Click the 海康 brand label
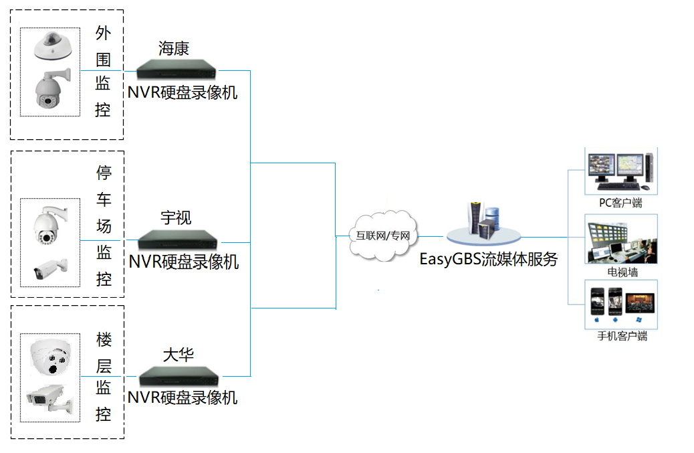click(174, 48)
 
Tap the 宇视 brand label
click(176, 217)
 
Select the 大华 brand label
click(178, 354)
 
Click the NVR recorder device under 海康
click(178, 69)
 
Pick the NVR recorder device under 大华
click(179, 375)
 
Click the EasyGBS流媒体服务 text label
click(489, 260)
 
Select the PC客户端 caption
click(620, 203)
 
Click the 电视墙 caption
click(622, 272)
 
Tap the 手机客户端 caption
click(622, 336)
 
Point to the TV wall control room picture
click(622, 240)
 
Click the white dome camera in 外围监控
click(51, 43)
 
